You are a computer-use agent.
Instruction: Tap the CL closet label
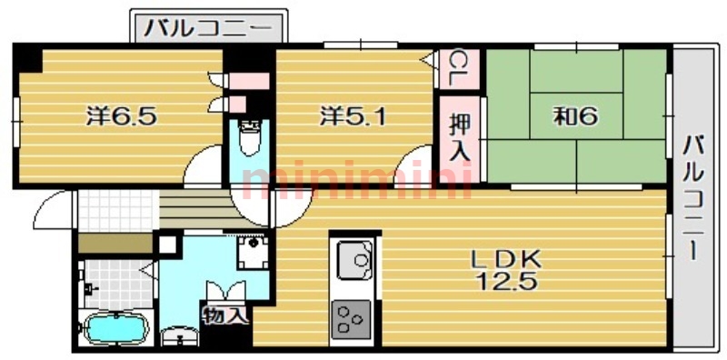tap(457, 68)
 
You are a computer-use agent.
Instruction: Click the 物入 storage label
tap(225, 315)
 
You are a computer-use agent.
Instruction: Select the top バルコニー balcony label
tap(209, 27)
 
